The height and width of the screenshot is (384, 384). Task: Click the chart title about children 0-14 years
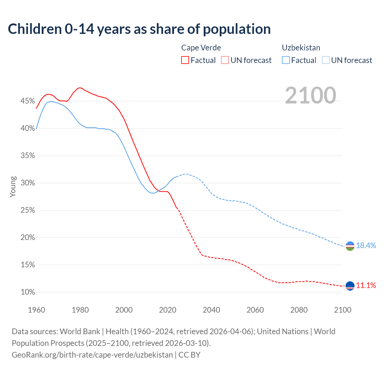[x=139, y=29]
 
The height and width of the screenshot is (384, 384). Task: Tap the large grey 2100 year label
[x=310, y=95]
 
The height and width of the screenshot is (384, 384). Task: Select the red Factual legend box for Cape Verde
[x=185, y=60]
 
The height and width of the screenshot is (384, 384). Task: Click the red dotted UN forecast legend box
[x=225, y=60]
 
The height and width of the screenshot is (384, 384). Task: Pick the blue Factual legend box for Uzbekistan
[x=286, y=60]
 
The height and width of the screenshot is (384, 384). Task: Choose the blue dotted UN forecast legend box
[x=326, y=60]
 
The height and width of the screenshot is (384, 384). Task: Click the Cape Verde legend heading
[x=201, y=48]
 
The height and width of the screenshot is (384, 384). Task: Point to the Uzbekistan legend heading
[x=301, y=48]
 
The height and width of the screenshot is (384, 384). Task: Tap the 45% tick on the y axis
[x=28, y=101]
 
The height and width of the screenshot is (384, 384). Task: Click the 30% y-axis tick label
[x=28, y=183]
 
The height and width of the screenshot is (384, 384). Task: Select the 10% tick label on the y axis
[x=28, y=292]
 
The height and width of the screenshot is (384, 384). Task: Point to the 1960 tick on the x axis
[x=36, y=310]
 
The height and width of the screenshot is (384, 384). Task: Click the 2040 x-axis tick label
[x=211, y=310]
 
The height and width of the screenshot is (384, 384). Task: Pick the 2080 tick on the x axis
[x=299, y=310]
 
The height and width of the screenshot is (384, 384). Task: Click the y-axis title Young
[x=13, y=187]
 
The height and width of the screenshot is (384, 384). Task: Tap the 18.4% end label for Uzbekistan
[x=366, y=245]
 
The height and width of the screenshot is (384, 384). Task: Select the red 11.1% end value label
[x=366, y=285]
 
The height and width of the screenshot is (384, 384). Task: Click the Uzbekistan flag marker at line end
[x=350, y=246]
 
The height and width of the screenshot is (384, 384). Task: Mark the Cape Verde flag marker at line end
[x=350, y=286]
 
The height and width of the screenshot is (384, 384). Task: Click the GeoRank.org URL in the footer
[x=92, y=355]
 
